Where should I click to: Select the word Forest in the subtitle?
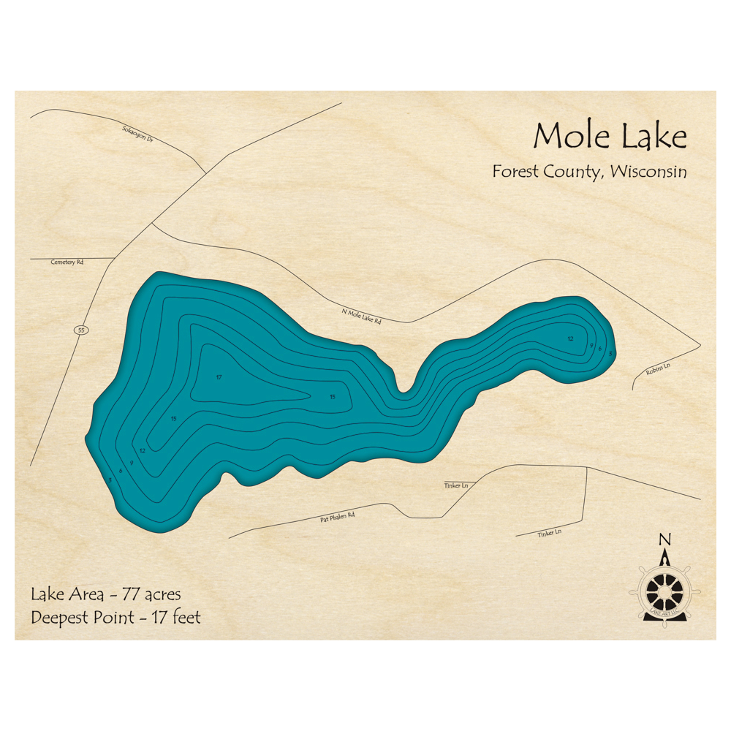point(515,172)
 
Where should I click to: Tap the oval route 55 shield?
point(80,330)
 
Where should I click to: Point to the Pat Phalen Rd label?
point(337,518)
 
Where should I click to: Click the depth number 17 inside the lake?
point(219,377)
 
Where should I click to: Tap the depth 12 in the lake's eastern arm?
point(570,338)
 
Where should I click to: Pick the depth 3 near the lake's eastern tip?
point(610,353)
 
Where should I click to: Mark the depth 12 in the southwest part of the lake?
point(143,450)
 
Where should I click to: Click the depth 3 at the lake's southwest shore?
point(110,480)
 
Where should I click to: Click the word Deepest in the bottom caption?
point(58,618)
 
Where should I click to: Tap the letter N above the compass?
point(664,540)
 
